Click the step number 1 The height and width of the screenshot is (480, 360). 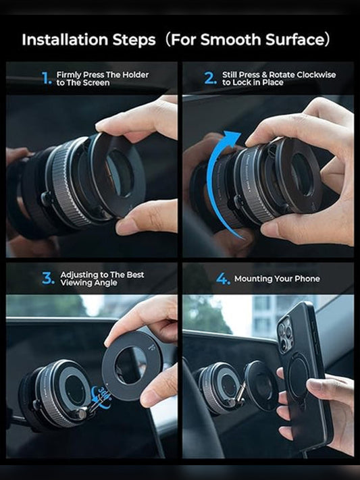(46, 78)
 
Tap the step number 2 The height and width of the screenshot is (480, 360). (210, 78)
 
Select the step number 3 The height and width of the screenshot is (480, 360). (47, 278)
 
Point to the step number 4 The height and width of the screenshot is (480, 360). (223, 279)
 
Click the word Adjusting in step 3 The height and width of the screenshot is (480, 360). (80, 275)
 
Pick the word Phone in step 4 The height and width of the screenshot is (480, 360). (305, 279)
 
